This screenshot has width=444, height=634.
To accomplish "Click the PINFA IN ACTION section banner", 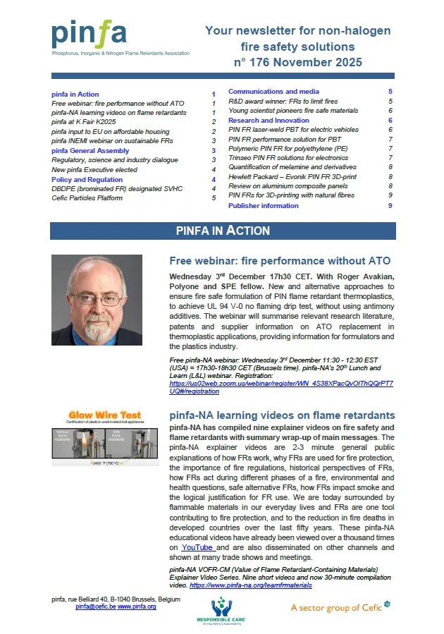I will (x=223, y=231).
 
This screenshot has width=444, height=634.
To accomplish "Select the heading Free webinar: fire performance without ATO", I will (x=280, y=261).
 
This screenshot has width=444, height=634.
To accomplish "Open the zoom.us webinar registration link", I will (x=282, y=386).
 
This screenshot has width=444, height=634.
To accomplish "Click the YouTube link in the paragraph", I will (x=198, y=547).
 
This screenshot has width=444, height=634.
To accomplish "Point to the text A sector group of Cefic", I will (x=336, y=607).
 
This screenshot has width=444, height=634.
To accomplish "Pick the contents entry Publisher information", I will (x=264, y=205).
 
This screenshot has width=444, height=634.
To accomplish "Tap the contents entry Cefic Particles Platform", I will (x=87, y=198).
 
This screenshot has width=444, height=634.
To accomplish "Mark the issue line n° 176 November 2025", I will (x=297, y=63).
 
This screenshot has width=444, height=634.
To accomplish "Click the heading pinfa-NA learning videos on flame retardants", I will (x=282, y=415).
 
